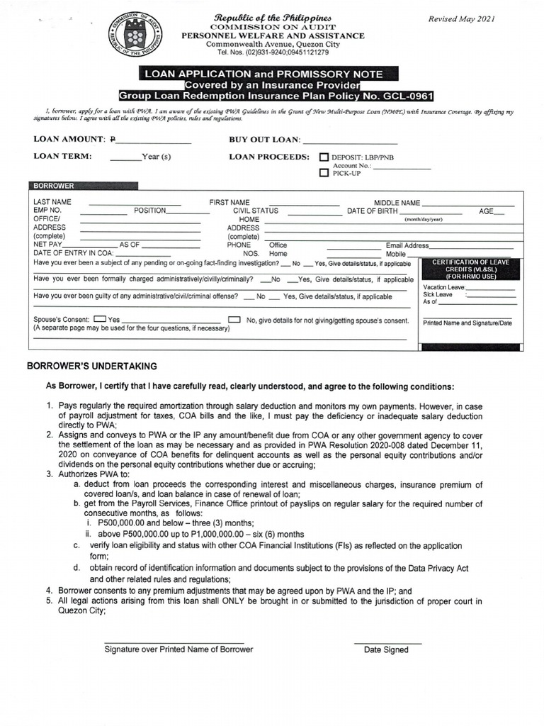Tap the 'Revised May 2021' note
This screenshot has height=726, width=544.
(462, 19)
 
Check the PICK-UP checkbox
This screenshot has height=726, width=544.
(324, 172)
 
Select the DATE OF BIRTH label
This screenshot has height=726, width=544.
(372, 211)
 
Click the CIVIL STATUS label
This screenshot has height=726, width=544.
(256, 211)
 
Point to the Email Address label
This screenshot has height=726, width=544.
(407, 245)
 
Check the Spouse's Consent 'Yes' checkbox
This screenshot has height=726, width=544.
(100, 320)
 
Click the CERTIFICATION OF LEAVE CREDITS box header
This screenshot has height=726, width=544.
(471, 269)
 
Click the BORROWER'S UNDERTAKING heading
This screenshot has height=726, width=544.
(92, 367)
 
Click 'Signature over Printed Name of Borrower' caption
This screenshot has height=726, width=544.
(178, 649)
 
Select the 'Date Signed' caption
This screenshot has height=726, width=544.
(386, 649)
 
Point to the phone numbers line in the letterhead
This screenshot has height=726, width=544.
(272, 52)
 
